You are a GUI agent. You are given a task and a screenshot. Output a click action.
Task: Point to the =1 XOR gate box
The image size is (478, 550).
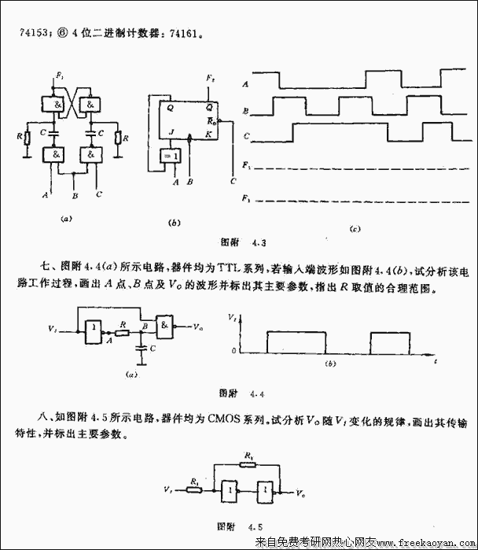click(x=172, y=157)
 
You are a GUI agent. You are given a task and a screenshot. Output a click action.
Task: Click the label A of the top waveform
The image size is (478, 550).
click(x=247, y=83)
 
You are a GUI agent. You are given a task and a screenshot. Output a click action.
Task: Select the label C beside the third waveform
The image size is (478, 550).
click(x=247, y=137)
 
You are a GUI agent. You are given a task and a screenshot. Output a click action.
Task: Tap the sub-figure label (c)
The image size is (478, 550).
click(x=355, y=229)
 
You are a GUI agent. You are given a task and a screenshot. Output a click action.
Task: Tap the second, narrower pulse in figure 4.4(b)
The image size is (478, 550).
click(x=390, y=342)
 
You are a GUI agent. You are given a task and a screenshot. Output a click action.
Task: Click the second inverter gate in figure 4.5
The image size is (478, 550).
click(x=269, y=492)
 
